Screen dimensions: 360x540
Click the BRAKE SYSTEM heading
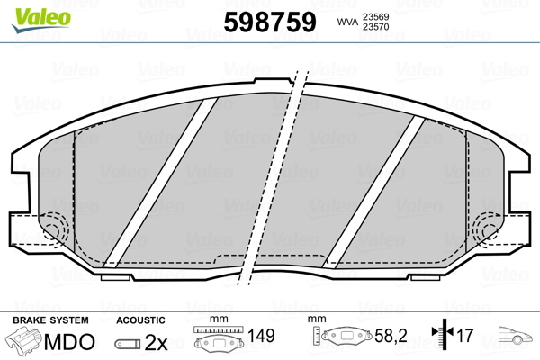[x=49, y=320]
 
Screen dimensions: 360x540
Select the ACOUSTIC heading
[x=140, y=320]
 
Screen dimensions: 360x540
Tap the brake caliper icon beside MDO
[x=24, y=342]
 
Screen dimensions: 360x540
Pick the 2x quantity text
[x=157, y=343]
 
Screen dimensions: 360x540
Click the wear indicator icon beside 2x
[x=129, y=344]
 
